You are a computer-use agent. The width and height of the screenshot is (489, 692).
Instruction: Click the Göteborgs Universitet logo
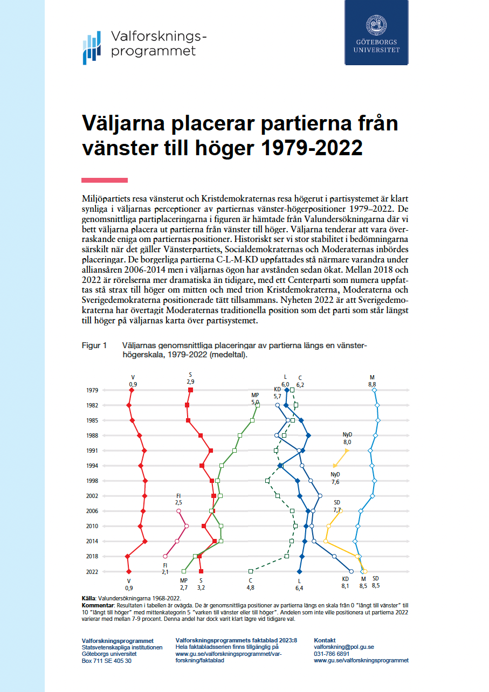click(377, 33)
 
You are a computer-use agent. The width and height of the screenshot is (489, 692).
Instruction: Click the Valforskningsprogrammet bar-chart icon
click(92, 47)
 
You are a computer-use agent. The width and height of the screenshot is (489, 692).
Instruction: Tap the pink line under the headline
click(105, 180)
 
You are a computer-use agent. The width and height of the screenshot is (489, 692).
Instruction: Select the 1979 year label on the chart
click(92, 390)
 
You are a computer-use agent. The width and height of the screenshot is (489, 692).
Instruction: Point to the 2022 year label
click(92, 571)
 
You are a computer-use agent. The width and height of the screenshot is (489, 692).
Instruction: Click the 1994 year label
click(92, 466)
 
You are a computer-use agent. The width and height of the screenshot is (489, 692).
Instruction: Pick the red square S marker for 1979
click(190, 390)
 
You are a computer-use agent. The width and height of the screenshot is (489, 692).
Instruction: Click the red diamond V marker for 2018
click(127, 556)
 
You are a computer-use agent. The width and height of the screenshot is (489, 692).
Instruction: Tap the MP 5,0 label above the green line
click(255, 398)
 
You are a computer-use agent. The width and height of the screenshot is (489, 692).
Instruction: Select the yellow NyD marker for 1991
click(347, 450)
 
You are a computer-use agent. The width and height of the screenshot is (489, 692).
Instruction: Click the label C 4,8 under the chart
click(251, 584)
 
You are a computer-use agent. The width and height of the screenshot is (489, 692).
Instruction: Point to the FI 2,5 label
click(178, 499)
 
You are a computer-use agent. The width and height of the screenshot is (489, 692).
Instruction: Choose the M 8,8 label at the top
click(372, 380)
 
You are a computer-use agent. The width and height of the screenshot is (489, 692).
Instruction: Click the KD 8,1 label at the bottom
click(346, 583)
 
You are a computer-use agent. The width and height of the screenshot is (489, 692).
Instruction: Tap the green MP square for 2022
click(184, 571)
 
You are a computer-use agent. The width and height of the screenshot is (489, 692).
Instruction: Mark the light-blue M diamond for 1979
click(374, 390)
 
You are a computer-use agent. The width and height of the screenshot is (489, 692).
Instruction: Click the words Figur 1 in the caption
click(94, 345)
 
